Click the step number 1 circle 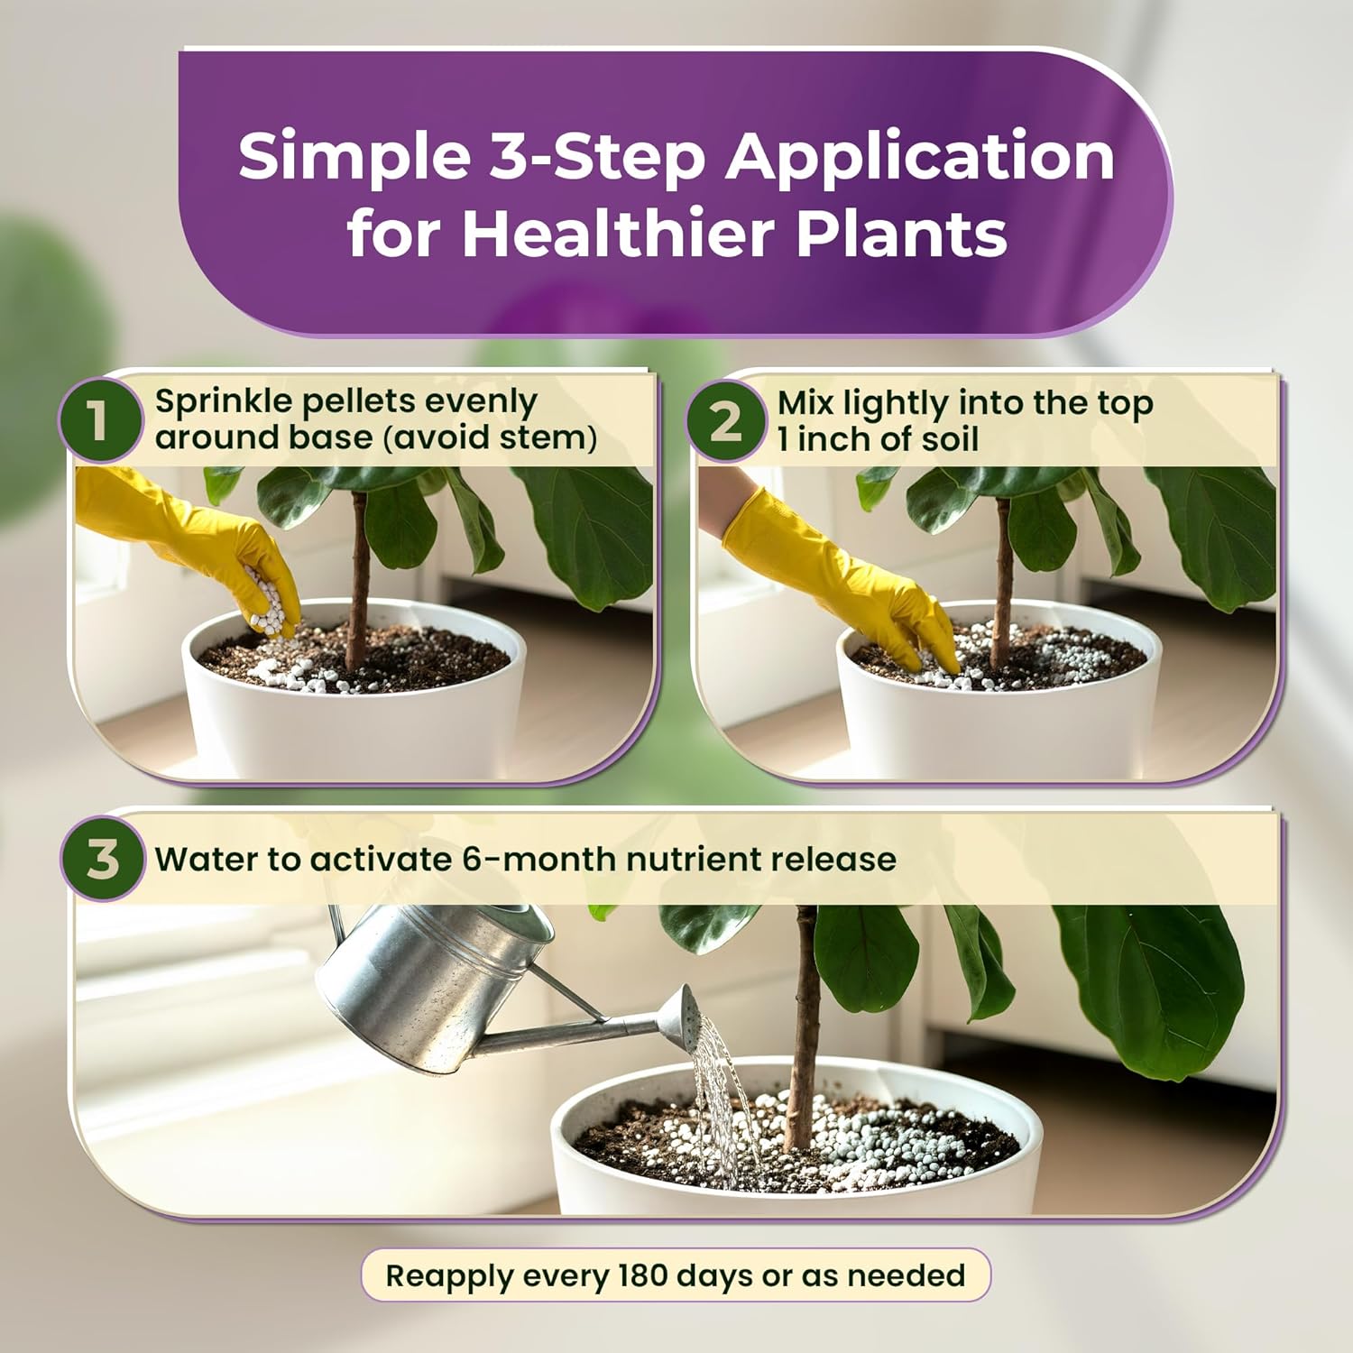(99, 419)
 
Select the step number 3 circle (103, 859)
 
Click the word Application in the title (920, 157)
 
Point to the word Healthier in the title (621, 234)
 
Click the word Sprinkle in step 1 (222, 401)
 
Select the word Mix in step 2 (805, 403)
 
